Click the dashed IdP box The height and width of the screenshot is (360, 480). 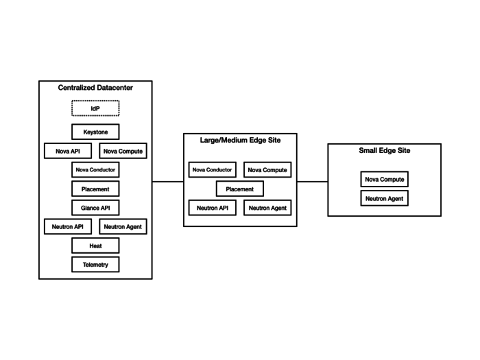(95, 108)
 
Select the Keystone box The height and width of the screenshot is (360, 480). (95, 132)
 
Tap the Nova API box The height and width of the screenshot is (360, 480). (68, 151)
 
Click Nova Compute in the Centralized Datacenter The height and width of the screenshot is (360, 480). (123, 151)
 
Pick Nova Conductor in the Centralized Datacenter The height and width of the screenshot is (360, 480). (95, 169)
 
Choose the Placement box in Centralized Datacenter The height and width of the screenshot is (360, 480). (95, 189)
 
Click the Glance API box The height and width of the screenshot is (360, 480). (95, 207)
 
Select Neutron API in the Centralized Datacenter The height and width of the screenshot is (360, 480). (68, 226)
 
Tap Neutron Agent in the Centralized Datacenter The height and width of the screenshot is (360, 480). (123, 226)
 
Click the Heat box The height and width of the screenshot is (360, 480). (95, 245)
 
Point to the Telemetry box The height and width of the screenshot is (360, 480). (95, 264)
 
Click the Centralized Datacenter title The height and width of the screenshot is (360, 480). (95, 89)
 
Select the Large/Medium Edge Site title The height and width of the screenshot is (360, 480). (240, 141)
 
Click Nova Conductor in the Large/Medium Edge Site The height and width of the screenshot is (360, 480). (213, 169)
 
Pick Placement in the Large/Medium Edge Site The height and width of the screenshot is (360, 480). (240, 189)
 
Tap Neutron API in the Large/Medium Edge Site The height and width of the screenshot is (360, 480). (213, 207)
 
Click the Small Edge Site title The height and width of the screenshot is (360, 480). (385, 151)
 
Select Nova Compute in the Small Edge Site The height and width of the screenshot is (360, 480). (385, 179)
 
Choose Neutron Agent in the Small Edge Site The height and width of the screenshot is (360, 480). (385, 198)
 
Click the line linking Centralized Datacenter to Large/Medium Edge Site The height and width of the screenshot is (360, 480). (168, 182)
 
